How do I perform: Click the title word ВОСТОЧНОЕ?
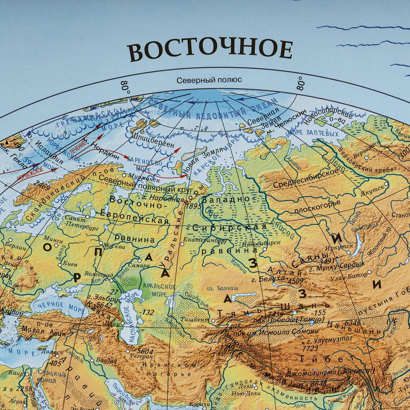coord(210,50)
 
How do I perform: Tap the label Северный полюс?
coord(209,80)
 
